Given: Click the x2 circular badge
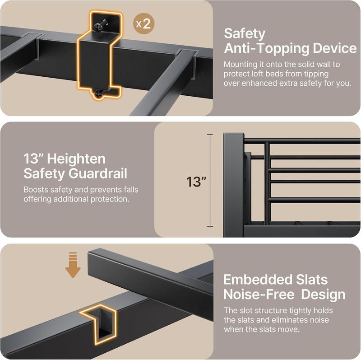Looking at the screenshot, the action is click(x=143, y=23).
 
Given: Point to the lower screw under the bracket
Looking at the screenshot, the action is click(x=99, y=94).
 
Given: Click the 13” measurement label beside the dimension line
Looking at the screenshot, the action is click(x=196, y=182).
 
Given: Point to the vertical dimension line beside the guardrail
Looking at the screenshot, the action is click(x=210, y=180).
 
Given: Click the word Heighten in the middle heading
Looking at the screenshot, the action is click(x=76, y=159).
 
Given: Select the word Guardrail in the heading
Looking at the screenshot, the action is click(x=98, y=173).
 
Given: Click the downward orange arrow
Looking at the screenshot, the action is click(x=73, y=265).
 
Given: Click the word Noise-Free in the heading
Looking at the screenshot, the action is click(x=259, y=295).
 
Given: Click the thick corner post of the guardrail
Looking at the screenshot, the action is click(x=234, y=185).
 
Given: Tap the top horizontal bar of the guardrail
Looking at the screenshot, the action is click(x=302, y=140).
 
